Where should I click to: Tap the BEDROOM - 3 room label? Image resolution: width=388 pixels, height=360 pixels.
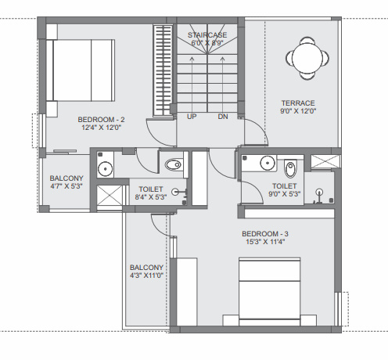(x=264, y=233)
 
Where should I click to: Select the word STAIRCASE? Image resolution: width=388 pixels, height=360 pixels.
(x=207, y=35)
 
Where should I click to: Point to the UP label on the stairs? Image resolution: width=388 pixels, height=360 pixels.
(x=191, y=117)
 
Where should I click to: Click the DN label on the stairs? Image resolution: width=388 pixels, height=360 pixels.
(x=222, y=117)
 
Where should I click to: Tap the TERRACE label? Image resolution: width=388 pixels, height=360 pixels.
(x=298, y=103)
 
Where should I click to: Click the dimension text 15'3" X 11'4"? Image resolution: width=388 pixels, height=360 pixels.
(x=264, y=242)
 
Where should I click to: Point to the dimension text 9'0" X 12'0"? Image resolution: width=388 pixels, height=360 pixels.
(x=298, y=111)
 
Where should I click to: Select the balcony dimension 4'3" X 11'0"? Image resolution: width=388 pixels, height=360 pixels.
(x=146, y=275)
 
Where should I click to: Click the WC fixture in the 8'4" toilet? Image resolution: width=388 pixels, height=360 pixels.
(x=174, y=164)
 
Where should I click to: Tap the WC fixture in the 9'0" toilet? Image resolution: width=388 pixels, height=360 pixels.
(x=290, y=167)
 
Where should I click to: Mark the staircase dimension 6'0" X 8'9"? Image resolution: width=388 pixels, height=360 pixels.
(x=207, y=44)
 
